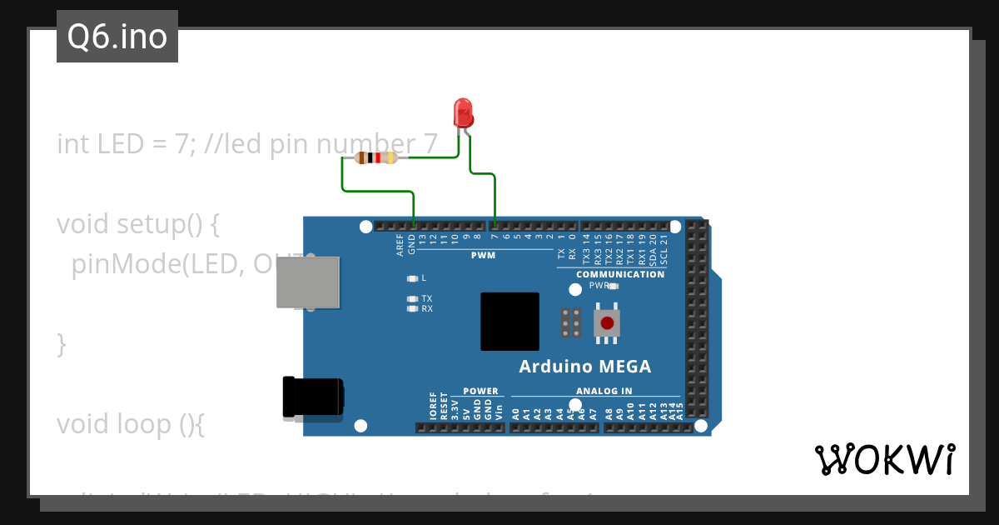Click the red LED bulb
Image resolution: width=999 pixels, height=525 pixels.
(463, 112)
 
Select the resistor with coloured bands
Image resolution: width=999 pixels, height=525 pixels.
(376, 157)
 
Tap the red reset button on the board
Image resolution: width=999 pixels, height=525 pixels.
(607, 322)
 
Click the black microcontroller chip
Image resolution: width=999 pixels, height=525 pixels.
(509, 321)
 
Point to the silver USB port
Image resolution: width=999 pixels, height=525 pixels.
(308, 282)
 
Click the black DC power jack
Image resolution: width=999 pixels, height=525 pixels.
(311, 397)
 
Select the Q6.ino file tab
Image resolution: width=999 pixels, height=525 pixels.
(117, 37)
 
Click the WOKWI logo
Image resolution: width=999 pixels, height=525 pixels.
(885, 459)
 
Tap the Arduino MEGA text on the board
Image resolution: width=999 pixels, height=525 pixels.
(584, 367)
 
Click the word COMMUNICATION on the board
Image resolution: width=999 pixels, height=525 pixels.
(620, 274)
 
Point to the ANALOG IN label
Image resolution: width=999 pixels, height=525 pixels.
(604, 391)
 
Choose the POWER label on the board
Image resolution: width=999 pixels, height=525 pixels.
(480, 391)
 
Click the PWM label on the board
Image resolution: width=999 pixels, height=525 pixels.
(483, 256)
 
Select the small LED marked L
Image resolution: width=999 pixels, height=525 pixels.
(411, 278)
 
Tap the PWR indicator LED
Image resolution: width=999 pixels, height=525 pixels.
(614, 286)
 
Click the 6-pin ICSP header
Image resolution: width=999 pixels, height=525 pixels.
(571, 322)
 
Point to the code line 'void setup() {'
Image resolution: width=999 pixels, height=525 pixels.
(137, 224)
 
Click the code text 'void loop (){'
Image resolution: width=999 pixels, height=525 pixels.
(130, 424)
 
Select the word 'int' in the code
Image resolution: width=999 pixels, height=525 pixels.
(73, 144)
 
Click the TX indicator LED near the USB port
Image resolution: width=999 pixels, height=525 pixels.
(411, 298)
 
